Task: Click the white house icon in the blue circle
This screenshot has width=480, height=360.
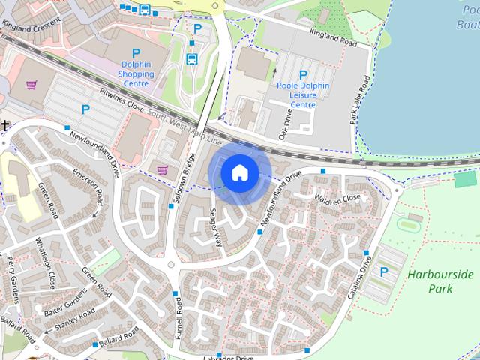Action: coord(240,172)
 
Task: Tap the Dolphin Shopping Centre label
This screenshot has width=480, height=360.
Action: coord(136,74)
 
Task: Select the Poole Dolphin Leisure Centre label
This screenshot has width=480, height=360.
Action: coord(303,95)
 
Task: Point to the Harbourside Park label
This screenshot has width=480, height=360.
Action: coord(440,281)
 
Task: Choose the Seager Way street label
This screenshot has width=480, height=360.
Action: coord(216,227)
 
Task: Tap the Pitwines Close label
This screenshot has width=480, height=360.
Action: coord(121,103)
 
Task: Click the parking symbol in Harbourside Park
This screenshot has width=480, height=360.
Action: coord(385,272)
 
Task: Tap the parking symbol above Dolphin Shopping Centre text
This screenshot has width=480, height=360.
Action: coord(136,53)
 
